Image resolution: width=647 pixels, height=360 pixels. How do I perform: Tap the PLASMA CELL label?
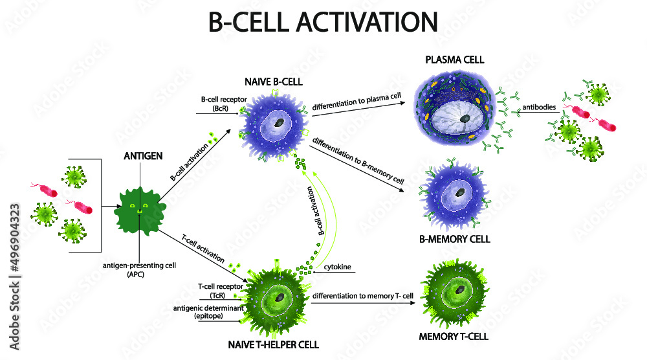click(x=455, y=60)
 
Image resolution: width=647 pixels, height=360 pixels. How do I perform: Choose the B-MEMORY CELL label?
click(x=454, y=239)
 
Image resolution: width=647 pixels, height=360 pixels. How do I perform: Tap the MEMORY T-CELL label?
click(x=453, y=336)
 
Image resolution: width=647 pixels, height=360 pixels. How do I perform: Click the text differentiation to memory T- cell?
click(x=362, y=297)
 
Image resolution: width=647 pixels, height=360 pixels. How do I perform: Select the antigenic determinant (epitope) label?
click(x=208, y=312)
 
